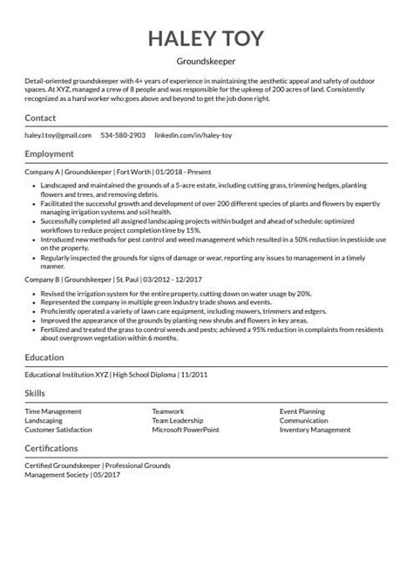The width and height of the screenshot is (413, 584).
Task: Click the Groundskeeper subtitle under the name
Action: (x=206, y=62)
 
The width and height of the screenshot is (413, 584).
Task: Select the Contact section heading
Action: (x=42, y=118)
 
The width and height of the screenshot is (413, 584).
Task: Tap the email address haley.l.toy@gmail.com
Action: (x=58, y=136)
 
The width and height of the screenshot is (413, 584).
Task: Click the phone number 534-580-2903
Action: (x=123, y=136)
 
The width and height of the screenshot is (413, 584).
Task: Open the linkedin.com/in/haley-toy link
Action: (x=193, y=136)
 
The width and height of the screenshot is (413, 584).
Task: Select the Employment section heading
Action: (x=50, y=153)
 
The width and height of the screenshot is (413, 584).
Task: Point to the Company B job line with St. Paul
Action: (x=113, y=280)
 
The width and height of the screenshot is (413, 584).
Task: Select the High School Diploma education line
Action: (x=111, y=374)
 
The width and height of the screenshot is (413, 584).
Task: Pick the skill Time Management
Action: (x=54, y=411)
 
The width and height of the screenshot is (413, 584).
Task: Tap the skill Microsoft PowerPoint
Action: (x=186, y=429)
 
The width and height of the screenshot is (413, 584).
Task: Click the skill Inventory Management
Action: (x=315, y=429)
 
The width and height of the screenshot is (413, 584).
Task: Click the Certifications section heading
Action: (x=56, y=447)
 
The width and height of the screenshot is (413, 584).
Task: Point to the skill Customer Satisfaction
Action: (x=58, y=429)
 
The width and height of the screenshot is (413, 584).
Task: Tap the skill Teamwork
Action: (x=169, y=411)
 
